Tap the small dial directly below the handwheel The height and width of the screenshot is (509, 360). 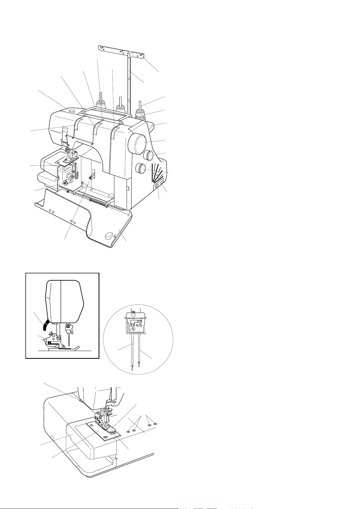148,156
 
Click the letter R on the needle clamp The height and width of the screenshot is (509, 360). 137,325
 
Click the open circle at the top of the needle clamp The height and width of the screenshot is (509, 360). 134,315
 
